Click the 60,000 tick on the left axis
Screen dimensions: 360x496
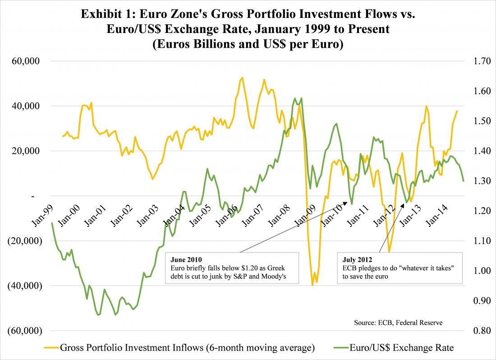[x=28, y=61]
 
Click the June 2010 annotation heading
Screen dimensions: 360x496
[x=186, y=260]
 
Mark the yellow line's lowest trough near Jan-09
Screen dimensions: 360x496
[x=312, y=285]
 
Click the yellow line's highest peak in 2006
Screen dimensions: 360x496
[x=242, y=78]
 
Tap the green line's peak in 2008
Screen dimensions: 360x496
[x=295, y=98]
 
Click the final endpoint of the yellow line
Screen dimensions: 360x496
[x=457, y=111]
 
